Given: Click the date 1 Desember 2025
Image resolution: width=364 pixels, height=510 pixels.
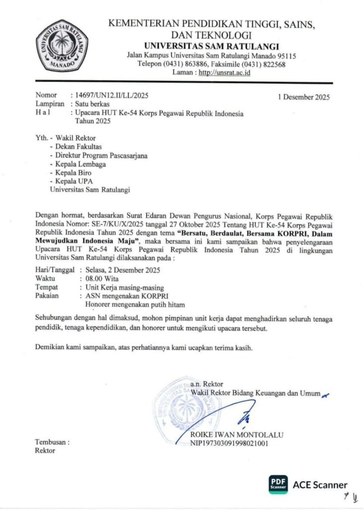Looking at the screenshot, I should (303, 97).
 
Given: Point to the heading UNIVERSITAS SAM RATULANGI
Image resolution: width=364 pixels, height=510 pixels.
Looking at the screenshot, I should (205, 46).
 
